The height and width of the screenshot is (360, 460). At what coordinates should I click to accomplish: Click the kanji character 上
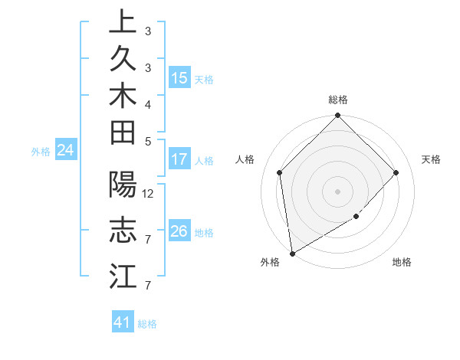[123, 22]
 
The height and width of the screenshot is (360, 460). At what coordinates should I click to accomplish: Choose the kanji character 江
[123, 276]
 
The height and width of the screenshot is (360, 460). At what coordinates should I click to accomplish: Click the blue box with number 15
[179, 77]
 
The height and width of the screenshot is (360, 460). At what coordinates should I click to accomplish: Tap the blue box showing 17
[179, 160]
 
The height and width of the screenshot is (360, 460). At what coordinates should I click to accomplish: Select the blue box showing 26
[179, 231]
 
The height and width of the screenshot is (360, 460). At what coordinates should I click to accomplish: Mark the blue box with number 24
[66, 150]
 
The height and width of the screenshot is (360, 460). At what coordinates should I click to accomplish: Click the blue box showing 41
[123, 323]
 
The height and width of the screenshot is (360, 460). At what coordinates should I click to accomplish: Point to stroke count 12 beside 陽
[148, 193]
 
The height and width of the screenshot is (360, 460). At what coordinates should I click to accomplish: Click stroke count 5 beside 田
[148, 141]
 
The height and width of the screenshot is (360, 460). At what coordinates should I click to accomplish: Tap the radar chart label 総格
[338, 100]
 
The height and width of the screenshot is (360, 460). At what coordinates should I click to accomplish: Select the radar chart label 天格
[432, 159]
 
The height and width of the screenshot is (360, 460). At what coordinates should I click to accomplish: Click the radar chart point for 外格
[292, 254]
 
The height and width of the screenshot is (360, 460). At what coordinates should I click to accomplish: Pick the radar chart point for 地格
[356, 217]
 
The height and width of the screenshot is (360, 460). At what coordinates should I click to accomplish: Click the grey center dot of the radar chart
[338, 191]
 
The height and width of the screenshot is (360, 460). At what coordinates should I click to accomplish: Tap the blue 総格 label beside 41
[147, 324]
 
